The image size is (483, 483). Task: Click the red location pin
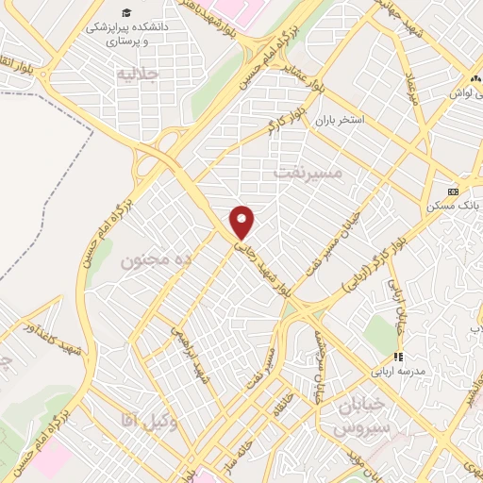pos(242,221)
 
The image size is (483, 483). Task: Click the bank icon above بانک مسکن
pos(453,189)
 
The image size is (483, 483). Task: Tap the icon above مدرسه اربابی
pos(398,357)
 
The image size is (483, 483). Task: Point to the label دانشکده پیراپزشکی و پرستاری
pos(115,35)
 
